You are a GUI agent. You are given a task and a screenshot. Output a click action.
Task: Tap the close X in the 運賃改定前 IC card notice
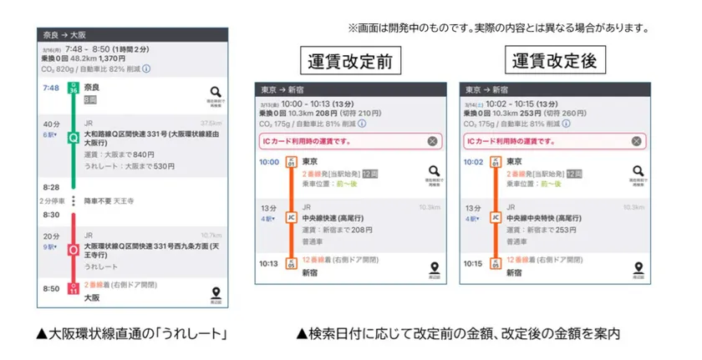coord(432,141)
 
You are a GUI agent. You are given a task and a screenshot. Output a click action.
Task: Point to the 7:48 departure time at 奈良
coord(51,88)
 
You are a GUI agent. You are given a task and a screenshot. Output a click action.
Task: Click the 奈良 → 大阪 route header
coord(64,35)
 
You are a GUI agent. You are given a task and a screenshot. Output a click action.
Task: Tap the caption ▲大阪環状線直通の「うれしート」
coord(133,334)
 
